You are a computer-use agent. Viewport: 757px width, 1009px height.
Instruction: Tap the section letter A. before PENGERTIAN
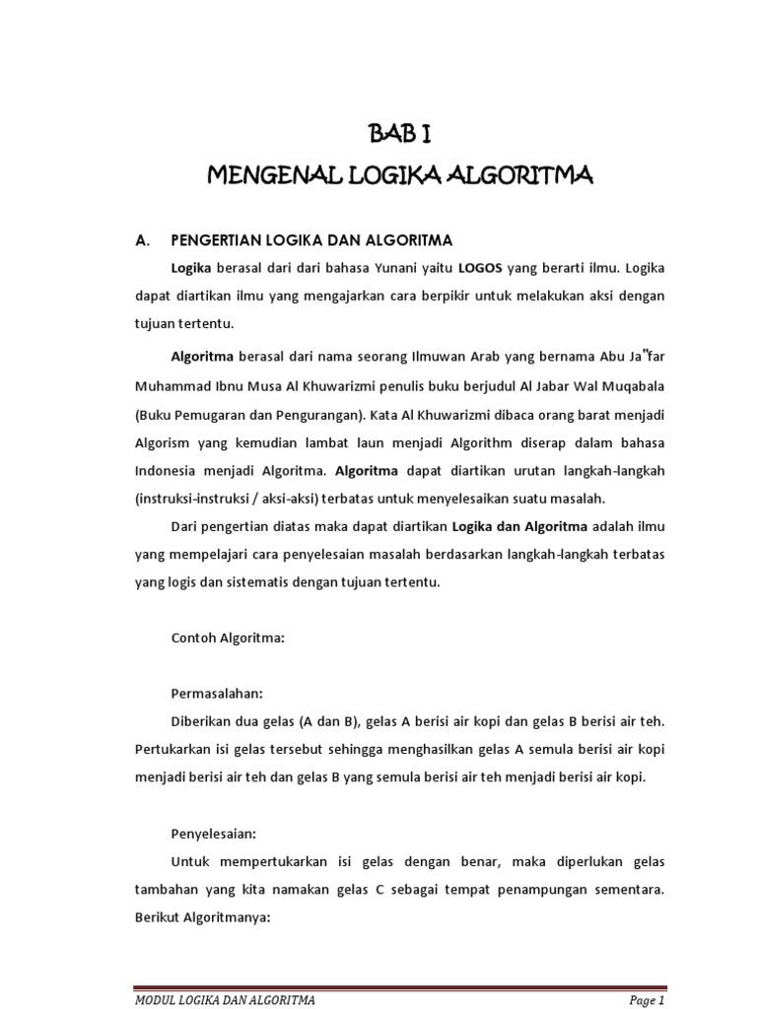pyautogui.click(x=141, y=239)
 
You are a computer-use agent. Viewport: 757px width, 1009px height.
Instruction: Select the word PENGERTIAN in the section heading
pyautogui.click(x=216, y=239)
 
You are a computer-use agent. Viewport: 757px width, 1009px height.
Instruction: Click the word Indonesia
pyautogui.click(x=166, y=469)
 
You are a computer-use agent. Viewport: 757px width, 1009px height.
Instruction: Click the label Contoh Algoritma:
pyautogui.click(x=228, y=638)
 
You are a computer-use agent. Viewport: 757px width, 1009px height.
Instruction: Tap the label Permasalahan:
pyautogui.click(x=220, y=693)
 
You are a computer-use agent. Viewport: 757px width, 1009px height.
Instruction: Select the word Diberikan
pyautogui.click(x=203, y=721)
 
